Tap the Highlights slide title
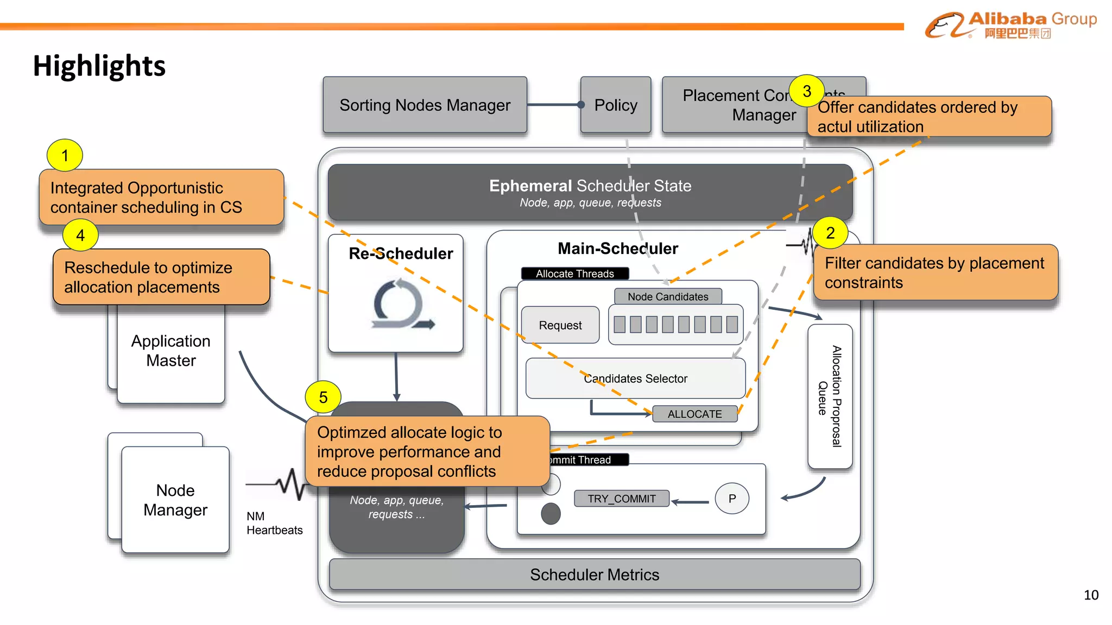pyautogui.click(x=99, y=66)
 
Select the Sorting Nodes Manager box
pyautogui.click(x=425, y=105)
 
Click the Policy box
pyautogui.click(x=615, y=105)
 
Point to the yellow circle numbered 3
pyautogui.click(x=807, y=91)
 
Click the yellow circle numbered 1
pyautogui.click(x=65, y=156)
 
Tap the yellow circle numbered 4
pyautogui.click(x=80, y=235)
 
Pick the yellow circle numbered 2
pyautogui.click(x=830, y=233)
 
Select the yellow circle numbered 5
pyautogui.click(x=323, y=397)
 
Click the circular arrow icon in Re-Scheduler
pyautogui.click(x=401, y=304)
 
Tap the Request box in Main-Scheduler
pyautogui.click(x=560, y=325)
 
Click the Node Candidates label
pyautogui.click(x=668, y=297)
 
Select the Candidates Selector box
pyautogui.click(x=635, y=378)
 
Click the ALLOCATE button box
pyautogui.click(x=694, y=414)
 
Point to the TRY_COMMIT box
pyautogui.click(x=621, y=499)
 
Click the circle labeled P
pyautogui.click(x=732, y=499)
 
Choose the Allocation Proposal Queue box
pyautogui.click(x=830, y=396)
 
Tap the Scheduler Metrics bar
pyautogui.click(x=595, y=575)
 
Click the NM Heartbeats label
pyautogui.click(x=274, y=523)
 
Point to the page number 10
pyautogui.click(x=1091, y=595)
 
